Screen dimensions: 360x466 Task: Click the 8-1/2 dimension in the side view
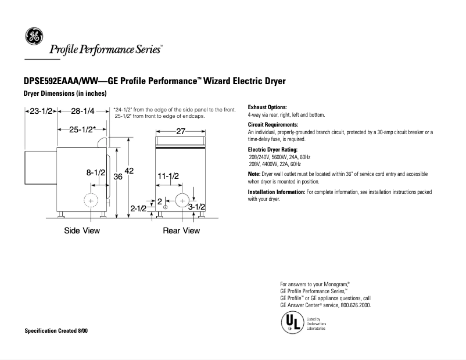pyautogui.click(x=95, y=172)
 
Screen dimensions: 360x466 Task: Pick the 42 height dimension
pyautogui.click(x=130, y=171)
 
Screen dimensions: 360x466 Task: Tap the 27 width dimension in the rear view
pyautogui.click(x=180, y=132)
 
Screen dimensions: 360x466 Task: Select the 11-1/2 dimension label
pyautogui.click(x=168, y=176)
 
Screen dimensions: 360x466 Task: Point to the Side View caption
pyautogui.click(x=82, y=231)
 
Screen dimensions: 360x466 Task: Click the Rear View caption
pyautogui.click(x=181, y=231)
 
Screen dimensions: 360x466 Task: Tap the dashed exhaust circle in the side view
pyautogui.click(x=91, y=200)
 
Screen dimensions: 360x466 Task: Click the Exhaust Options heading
pyautogui.click(x=267, y=107)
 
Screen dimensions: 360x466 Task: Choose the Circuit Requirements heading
pyautogui.click(x=273, y=125)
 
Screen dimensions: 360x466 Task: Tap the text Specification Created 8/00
pyautogui.click(x=56, y=330)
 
